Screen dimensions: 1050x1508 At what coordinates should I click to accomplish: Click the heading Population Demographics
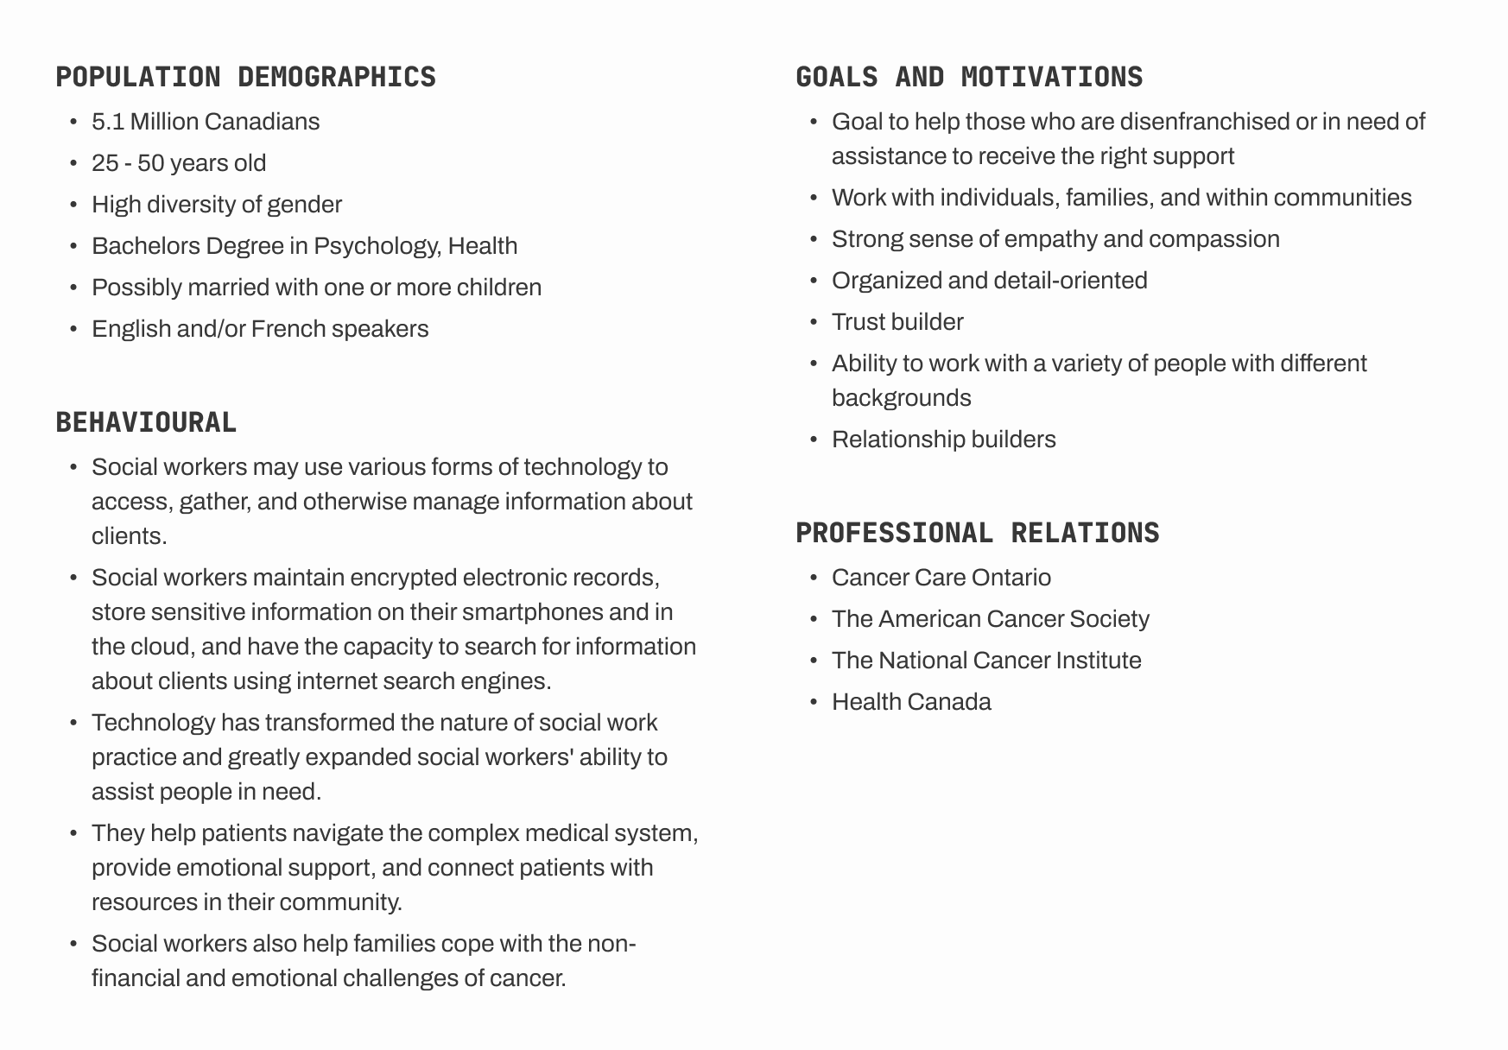click(x=245, y=77)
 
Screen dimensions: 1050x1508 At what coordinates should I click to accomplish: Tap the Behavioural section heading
click(x=146, y=422)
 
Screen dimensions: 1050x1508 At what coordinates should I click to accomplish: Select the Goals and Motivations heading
click(x=969, y=77)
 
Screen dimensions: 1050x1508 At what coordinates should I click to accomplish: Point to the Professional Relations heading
click(x=977, y=533)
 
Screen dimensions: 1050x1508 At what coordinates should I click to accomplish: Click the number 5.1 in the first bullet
click(x=108, y=122)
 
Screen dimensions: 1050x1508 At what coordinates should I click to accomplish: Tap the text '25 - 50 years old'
click(x=179, y=163)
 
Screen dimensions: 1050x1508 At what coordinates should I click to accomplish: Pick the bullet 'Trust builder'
click(x=897, y=322)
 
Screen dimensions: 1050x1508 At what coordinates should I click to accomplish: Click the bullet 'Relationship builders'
click(x=943, y=440)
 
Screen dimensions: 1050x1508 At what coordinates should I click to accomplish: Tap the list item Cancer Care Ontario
click(x=941, y=578)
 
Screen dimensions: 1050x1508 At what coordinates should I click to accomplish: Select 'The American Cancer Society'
click(x=990, y=619)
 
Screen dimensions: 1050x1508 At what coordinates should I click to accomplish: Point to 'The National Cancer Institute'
click(x=986, y=661)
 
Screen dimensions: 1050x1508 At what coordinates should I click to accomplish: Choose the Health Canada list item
click(x=911, y=702)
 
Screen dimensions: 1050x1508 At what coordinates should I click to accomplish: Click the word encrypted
click(x=403, y=578)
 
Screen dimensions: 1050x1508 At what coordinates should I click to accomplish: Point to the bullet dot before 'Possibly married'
click(x=74, y=288)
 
